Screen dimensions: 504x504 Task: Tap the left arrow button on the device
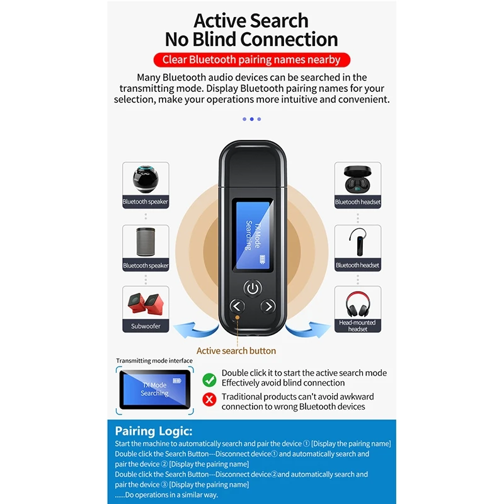point(237,306)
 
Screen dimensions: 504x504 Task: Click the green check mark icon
point(209,379)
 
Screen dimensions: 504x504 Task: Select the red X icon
point(209,399)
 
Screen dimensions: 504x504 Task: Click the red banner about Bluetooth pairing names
point(251,60)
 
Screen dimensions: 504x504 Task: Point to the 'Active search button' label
point(236,351)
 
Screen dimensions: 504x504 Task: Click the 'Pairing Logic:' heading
point(154,432)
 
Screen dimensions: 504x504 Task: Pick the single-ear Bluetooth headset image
point(357,242)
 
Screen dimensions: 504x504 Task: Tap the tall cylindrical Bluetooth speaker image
point(145,242)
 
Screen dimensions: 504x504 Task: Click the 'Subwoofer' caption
point(146,326)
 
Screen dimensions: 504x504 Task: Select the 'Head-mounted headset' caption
point(357,326)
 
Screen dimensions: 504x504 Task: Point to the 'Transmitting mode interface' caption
point(154,361)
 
